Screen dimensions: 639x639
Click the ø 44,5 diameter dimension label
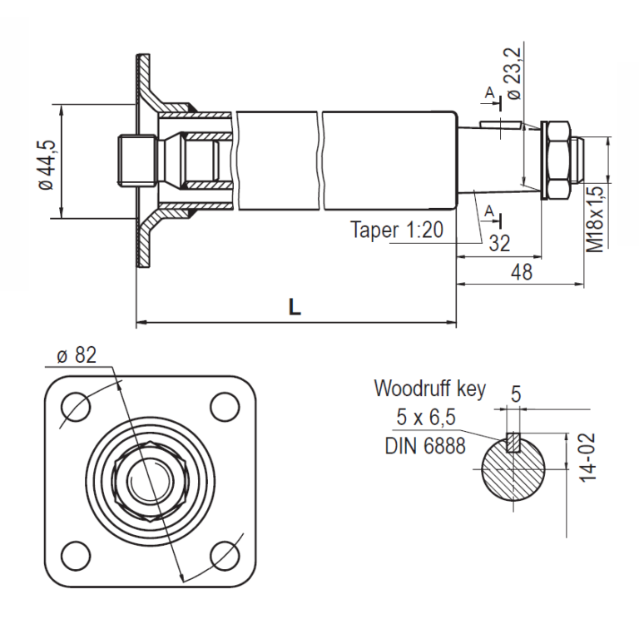(x=47, y=162)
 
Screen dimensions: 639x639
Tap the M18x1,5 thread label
(x=596, y=219)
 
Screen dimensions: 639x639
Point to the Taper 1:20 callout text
(x=397, y=230)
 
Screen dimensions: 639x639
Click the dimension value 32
(x=499, y=243)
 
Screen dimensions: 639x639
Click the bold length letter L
(x=295, y=307)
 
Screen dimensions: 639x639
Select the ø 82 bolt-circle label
(x=77, y=355)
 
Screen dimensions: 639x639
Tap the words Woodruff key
(x=429, y=388)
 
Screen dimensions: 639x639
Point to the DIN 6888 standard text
(x=425, y=445)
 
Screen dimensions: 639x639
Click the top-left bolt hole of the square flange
(x=76, y=406)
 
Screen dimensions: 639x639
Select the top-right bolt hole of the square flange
(x=223, y=406)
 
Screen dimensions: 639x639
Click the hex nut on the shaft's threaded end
(x=557, y=161)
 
